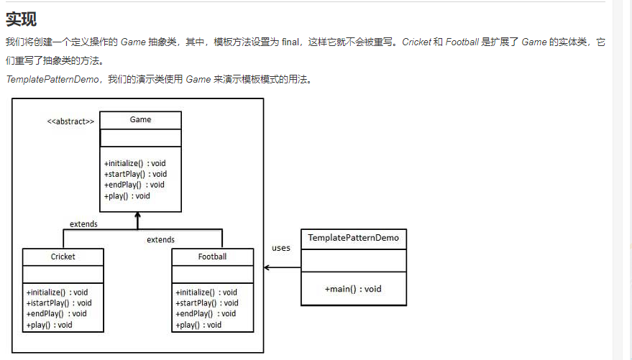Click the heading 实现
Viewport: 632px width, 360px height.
[x=21, y=19]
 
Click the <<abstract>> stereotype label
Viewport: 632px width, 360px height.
[x=70, y=121]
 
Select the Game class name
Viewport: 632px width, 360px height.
[x=140, y=119]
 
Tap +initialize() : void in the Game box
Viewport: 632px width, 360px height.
[x=134, y=163]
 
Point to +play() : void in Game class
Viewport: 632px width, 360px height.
[x=127, y=195]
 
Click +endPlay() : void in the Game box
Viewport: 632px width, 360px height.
[x=134, y=185]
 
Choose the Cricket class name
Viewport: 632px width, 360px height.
[x=63, y=257]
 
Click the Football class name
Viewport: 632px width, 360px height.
[x=212, y=257]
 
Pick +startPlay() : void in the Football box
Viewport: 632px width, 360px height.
[x=206, y=303]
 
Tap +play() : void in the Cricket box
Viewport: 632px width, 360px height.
[x=50, y=325]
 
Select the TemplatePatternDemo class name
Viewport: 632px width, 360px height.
[x=353, y=238]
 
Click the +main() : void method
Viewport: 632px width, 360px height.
[x=353, y=289]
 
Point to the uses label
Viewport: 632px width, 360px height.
[x=281, y=248]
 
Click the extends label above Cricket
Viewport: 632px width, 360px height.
[x=83, y=224]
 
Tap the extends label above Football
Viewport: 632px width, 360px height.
[x=160, y=239]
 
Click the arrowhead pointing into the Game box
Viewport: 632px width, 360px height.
[x=137, y=216]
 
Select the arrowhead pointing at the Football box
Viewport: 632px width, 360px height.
[x=267, y=268]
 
